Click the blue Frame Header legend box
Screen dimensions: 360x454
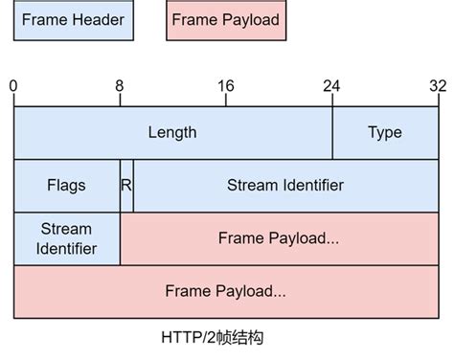coord(74,20)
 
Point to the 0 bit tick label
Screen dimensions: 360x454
coord(13,86)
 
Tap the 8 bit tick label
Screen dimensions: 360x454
coord(120,86)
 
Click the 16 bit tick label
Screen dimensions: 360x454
coord(225,86)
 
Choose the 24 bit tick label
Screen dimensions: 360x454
coord(331,86)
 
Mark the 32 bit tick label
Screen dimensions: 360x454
coord(438,86)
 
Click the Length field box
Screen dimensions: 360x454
coord(172,132)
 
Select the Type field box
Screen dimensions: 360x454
coord(385,132)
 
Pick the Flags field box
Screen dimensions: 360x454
coord(66,185)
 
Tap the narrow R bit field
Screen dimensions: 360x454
coord(126,185)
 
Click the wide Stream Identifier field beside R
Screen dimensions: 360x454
coord(285,185)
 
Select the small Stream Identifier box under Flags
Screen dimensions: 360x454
coord(66,238)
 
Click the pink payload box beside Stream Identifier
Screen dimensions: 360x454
coord(279,238)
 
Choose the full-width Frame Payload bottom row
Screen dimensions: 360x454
coord(226,290)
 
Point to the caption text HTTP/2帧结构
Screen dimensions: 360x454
coord(226,339)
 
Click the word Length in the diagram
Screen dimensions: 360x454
coord(172,132)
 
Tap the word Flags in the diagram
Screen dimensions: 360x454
coord(66,185)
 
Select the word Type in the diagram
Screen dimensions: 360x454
coord(385,132)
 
